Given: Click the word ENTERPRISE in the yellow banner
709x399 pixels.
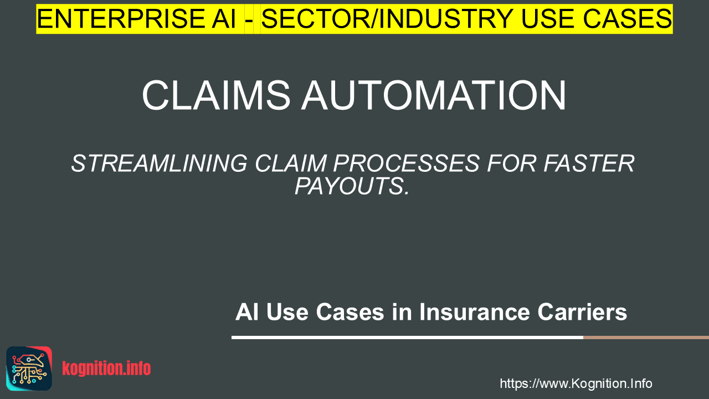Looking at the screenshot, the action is (x=121, y=19).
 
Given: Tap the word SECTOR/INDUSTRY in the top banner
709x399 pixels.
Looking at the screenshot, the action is (x=387, y=19).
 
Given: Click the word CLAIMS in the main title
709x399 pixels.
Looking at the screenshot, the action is (x=216, y=95).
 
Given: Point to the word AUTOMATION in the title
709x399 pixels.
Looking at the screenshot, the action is (x=434, y=95).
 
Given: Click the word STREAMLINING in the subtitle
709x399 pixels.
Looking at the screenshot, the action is (x=159, y=163).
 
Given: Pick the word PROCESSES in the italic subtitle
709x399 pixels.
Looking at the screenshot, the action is (x=406, y=163).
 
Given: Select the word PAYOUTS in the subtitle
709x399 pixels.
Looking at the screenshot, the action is (x=349, y=186).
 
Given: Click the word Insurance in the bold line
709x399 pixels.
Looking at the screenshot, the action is (x=474, y=312).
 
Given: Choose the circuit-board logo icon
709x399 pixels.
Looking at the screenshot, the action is (x=29, y=369).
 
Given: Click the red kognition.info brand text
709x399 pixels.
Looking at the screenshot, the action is (x=106, y=369).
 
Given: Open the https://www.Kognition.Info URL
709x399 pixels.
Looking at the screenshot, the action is (x=576, y=383).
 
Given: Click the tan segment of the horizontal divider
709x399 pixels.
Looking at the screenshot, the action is (x=646, y=337).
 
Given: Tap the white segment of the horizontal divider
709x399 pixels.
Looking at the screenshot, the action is (x=407, y=337).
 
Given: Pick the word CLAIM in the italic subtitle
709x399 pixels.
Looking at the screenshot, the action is (x=290, y=163).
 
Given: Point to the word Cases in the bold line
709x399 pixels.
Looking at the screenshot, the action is (x=350, y=312).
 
